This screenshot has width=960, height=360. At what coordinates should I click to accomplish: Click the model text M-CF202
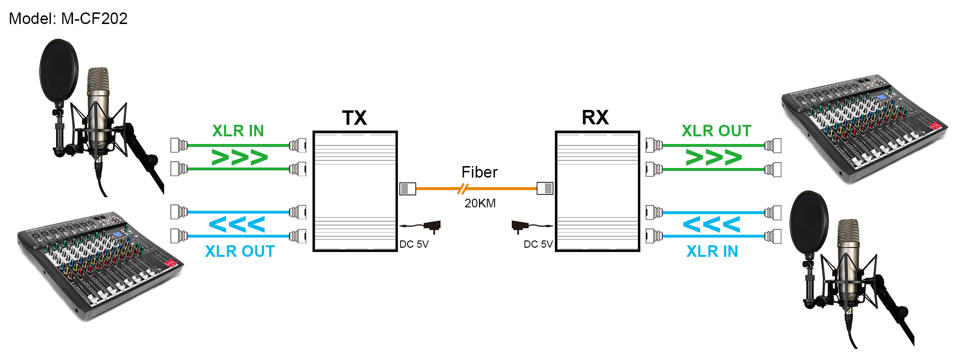68,19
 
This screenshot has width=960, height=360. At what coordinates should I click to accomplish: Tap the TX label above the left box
354,118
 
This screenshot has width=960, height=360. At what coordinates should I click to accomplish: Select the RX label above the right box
595,118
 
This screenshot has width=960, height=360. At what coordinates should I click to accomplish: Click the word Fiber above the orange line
479,172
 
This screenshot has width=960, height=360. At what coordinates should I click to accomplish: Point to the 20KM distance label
480,204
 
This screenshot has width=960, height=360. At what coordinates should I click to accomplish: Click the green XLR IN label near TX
238,131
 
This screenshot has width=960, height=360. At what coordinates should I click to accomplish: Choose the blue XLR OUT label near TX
240,252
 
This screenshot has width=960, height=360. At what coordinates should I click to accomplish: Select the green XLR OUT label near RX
716,131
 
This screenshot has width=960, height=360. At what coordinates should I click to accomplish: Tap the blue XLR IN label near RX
712,252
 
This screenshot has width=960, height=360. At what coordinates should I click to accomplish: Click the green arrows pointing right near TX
239,157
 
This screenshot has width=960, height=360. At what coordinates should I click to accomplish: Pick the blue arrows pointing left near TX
237,225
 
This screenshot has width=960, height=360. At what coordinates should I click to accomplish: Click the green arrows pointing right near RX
714,157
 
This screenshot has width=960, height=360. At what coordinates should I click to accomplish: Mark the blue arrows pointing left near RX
711,225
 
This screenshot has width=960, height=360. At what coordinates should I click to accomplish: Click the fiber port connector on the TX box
408,189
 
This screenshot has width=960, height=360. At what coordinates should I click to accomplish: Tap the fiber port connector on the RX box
545,189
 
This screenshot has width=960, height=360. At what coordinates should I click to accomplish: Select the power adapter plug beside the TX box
432,226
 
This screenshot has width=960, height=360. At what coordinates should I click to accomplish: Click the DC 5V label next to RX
538,244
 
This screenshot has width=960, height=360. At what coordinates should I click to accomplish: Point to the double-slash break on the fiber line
462,189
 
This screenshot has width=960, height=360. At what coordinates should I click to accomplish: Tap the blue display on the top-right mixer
881,98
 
